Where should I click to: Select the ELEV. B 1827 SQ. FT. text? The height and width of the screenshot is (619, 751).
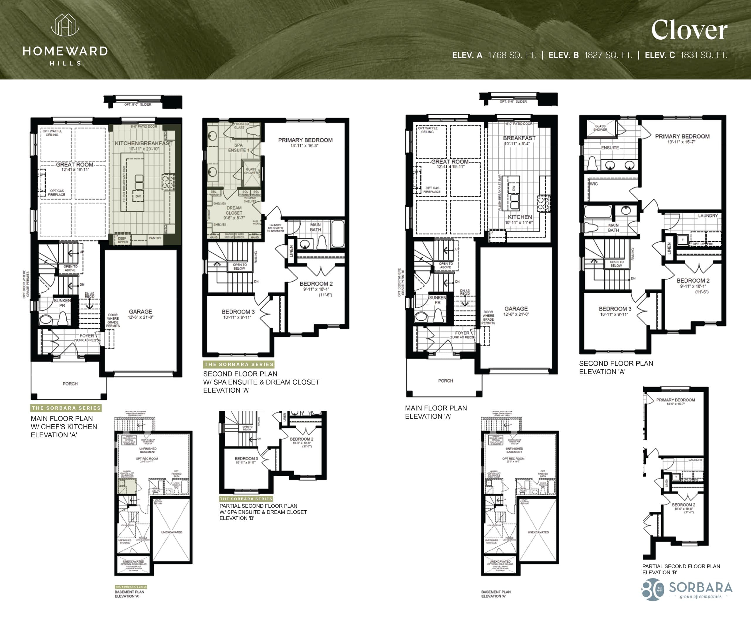pyautogui.click(x=590, y=55)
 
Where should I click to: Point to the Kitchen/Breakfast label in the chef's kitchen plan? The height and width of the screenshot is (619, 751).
pyautogui.click(x=143, y=143)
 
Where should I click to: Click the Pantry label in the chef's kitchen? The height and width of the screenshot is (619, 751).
pyautogui.click(x=155, y=238)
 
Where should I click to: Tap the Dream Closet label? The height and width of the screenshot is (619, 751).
pyautogui.click(x=234, y=210)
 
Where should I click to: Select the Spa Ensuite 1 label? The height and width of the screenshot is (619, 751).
pyautogui.click(x=238, y=148)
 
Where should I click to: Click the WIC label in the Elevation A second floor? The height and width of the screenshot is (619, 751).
pyautogui.click(x=593, y=184)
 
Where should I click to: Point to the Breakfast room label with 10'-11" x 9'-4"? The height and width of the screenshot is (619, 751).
pyautogui.click(x=519, y=138)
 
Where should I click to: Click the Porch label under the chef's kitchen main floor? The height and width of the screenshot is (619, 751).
pyautogui.click(x=70, y=384)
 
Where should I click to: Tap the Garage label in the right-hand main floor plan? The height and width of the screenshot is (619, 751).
pyautogui.click(x=516, y=309)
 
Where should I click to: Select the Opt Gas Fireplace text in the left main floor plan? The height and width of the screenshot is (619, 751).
pyautogui.click(x=57, y=193)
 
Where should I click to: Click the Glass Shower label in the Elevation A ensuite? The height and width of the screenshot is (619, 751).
pyautogui.click(x=600, y=128)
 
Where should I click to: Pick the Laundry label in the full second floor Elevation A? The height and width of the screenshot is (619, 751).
pyautogui.click(x=708, y=216)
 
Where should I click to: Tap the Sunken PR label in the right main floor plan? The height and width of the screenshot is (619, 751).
pyautogui.click(x=437, y=300)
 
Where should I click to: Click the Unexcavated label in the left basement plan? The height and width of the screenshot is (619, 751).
pyautogui.click(x=172, y=532)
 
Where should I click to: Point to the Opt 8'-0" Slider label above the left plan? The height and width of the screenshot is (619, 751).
pyautogui.click(x=138, y=105)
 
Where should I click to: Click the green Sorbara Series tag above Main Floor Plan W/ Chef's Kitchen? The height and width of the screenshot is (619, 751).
pyautogui.click(x=66, y=408)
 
